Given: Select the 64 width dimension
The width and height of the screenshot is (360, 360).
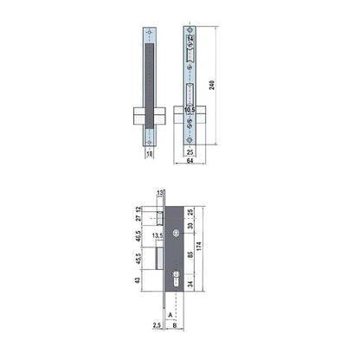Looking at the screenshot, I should [x=189, y=159].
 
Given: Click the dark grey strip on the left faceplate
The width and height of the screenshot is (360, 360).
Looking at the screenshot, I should [x=152, y=78].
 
